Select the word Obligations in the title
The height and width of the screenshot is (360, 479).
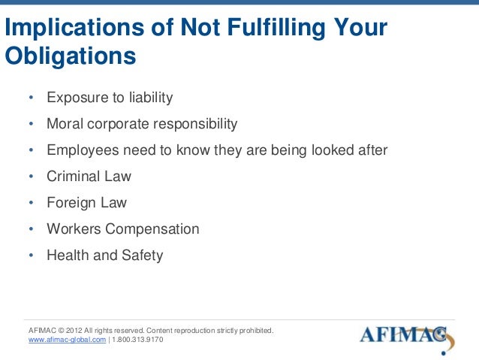(x=71, y=56)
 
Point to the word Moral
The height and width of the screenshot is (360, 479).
(x=65, y=124)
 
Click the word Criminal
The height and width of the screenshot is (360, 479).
(x=72, y=177)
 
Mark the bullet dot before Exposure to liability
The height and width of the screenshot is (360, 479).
(x=31, y=98)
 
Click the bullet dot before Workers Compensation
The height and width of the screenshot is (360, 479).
(x=31, y=230)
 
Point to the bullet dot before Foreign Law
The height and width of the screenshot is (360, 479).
(x=31, y=204)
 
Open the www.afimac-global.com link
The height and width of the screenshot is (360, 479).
(x=66, y=340)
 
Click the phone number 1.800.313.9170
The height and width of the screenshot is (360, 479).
(x=137, y=340)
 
